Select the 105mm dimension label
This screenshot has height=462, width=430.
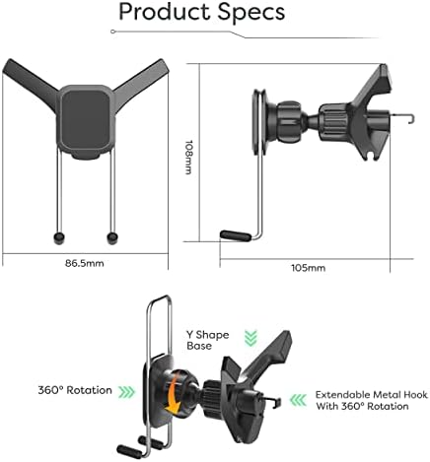tap(309, 268)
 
